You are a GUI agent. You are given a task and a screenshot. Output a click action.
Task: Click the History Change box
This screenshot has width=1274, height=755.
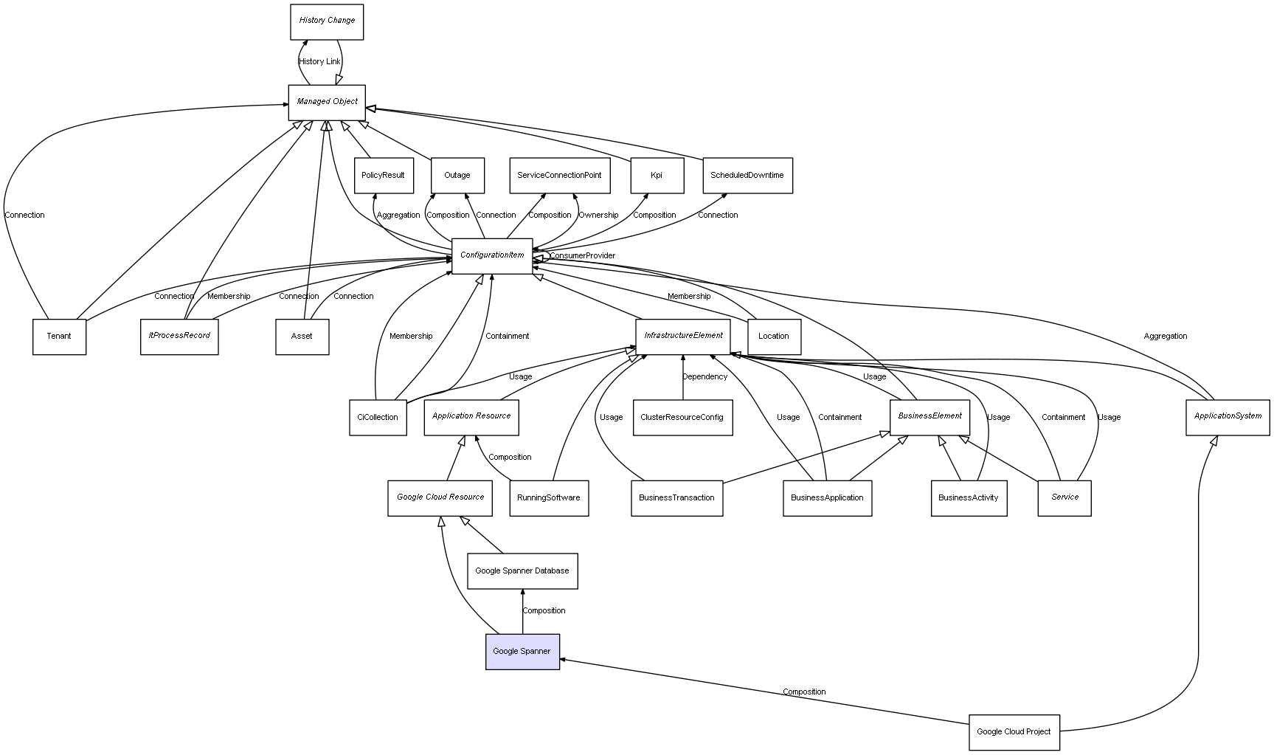(x=327, y=21)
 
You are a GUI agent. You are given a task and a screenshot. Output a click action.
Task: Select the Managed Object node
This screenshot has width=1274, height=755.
(x=327, y=102)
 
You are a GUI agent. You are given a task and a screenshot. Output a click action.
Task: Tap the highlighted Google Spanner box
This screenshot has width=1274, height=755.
(x=522, y=652)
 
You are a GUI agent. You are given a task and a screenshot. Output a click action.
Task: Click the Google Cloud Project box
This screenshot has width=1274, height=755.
(x=1014, y=732)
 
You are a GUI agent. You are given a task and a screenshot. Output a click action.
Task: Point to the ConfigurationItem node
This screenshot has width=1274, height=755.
(x=492, y=255)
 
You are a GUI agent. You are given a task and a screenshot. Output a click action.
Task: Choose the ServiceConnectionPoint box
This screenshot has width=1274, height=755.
(x=559, y=176)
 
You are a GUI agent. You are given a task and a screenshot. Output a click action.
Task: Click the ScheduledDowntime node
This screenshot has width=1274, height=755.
(x=747, y=176)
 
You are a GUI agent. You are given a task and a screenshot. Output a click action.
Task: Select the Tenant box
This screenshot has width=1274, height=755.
(x=59, y=337)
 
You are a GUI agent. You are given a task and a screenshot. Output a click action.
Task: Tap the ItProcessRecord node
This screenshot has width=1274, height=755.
(x=179, y=337)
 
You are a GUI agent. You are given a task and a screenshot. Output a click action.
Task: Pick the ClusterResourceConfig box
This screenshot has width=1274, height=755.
(x=682, y=418)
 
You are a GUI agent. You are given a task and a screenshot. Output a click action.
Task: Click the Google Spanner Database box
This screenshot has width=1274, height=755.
(x=522, y=571)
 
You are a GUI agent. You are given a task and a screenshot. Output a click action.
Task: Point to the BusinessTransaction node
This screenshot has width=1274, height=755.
(x=676, y=498)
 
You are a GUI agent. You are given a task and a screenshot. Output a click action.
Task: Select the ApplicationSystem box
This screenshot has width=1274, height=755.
(x=1228, y=417)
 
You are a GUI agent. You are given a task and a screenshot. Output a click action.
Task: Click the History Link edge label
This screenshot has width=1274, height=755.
(x=320, y=62)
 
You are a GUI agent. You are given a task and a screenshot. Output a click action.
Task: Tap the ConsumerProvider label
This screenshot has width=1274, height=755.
(x=582, y=256)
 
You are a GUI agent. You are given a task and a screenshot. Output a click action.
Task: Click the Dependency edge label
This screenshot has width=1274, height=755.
(x=704, y=377)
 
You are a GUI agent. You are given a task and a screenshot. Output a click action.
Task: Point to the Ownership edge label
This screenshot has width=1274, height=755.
(x=598, y=216)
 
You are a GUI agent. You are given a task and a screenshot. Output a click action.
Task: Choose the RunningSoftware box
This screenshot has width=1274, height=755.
(x=549, y=498)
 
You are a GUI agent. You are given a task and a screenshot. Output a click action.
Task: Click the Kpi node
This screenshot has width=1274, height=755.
(x=657, y=176)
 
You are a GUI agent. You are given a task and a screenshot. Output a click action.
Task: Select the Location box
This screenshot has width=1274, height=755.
(x=774, y=337)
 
